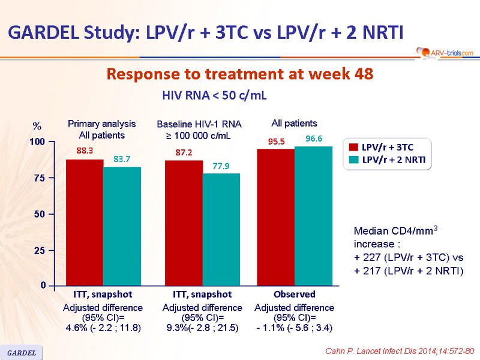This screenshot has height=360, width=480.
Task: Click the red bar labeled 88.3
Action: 85,222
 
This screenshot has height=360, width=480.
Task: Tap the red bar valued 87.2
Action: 184,223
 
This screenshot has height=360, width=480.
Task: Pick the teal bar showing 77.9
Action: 221,229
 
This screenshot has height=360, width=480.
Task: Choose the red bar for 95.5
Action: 275,217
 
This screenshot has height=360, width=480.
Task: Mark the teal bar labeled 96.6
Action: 313,216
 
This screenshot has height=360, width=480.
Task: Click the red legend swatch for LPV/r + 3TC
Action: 354,146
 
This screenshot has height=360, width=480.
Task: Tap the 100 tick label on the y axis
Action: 38,142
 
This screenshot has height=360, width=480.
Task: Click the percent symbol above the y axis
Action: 37,127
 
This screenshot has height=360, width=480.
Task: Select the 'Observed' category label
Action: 294,295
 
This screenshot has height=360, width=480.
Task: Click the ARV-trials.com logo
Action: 443,53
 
